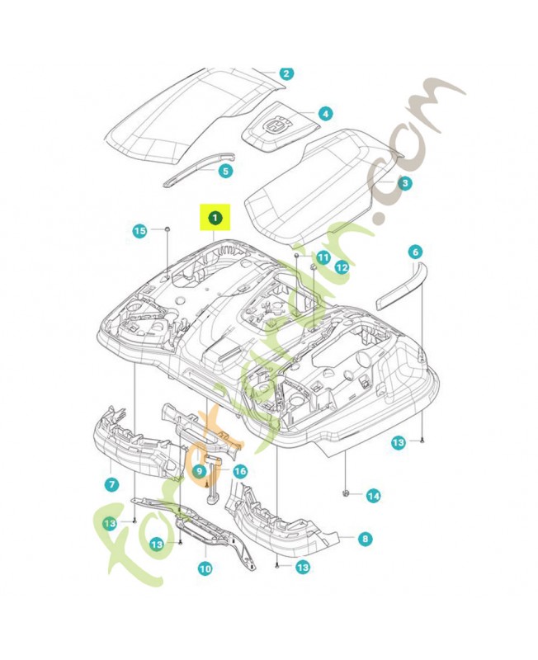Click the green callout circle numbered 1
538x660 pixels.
(x=215, y=218)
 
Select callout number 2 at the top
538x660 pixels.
(x=286, y=73)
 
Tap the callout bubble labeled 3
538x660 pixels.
(x=404, y=183)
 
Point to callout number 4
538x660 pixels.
(x=325, y=113)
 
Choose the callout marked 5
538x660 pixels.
(x=225, y=171)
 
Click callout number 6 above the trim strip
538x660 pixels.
(x=414, y=251)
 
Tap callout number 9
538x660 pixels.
(x=199, y=471)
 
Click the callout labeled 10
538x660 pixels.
(x=205, y=568)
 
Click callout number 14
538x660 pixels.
(x=373, y=496)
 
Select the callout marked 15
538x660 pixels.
(x=140, y=231)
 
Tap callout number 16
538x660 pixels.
(x=240, y=471)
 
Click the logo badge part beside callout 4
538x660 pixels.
(x=274, y=125)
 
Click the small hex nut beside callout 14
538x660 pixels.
(x=346, y=493)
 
